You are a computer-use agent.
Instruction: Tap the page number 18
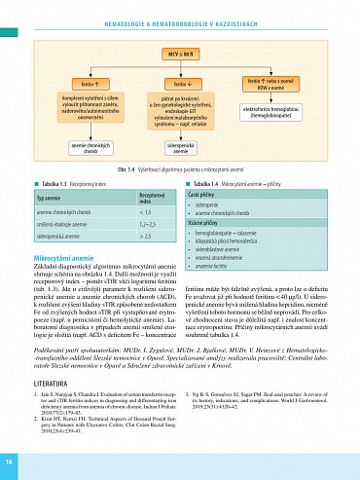[x=9, y=460]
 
